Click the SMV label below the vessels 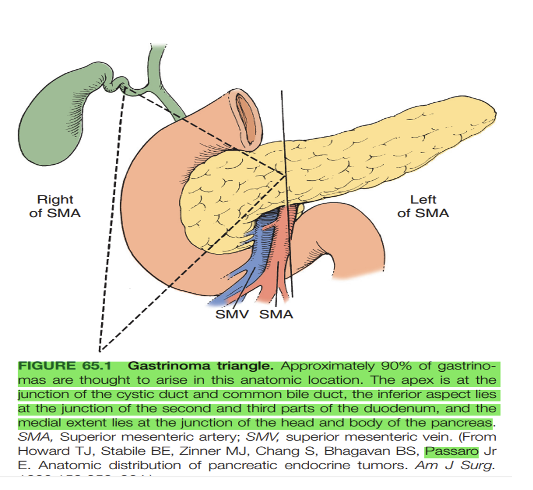[232, 315]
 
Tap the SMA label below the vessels [276, 315]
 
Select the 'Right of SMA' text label [55, 206]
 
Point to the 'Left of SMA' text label [423, 206]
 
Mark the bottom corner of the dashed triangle [99, 350]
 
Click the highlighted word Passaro [451, 451]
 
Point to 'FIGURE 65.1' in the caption [67, 366]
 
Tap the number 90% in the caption [396, 366]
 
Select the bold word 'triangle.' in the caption [248, 366]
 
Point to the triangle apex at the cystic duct [125, 88]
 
